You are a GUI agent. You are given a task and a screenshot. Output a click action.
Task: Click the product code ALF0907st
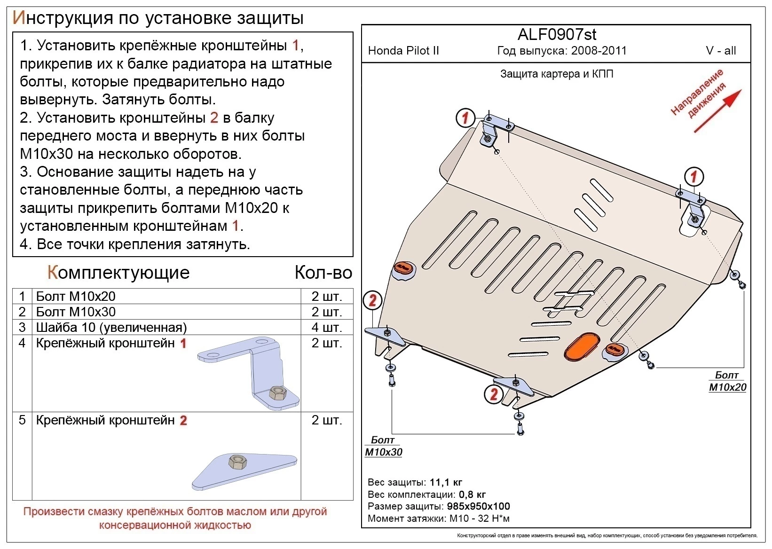tap(557, 34)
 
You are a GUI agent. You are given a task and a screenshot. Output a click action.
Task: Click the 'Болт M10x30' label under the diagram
tap(383, 446)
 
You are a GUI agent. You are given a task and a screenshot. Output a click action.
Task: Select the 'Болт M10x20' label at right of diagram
tap(727, 381)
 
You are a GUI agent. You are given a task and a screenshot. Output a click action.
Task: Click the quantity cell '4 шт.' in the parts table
tap(326, 327)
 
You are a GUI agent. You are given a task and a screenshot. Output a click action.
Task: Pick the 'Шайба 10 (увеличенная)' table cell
tap(111, 327)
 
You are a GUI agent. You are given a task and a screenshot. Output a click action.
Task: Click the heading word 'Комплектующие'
tap(118, 273)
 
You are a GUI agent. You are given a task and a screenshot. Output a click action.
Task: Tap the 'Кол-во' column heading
tap(323, 273)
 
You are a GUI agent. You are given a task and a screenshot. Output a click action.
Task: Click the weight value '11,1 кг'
tap(446, 482)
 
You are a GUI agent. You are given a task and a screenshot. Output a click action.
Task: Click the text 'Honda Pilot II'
tap(403, 51)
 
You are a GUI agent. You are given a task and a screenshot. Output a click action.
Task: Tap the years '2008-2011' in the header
tap(599, 51)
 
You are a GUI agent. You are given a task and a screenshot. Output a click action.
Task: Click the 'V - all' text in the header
tap(721, 51)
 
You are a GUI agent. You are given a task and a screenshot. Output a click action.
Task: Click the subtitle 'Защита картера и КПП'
tap(557, 74)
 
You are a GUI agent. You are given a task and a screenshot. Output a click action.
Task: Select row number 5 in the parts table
tap(22, 420)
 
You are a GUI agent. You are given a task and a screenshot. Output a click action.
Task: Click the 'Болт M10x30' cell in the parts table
tap(76, 312)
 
